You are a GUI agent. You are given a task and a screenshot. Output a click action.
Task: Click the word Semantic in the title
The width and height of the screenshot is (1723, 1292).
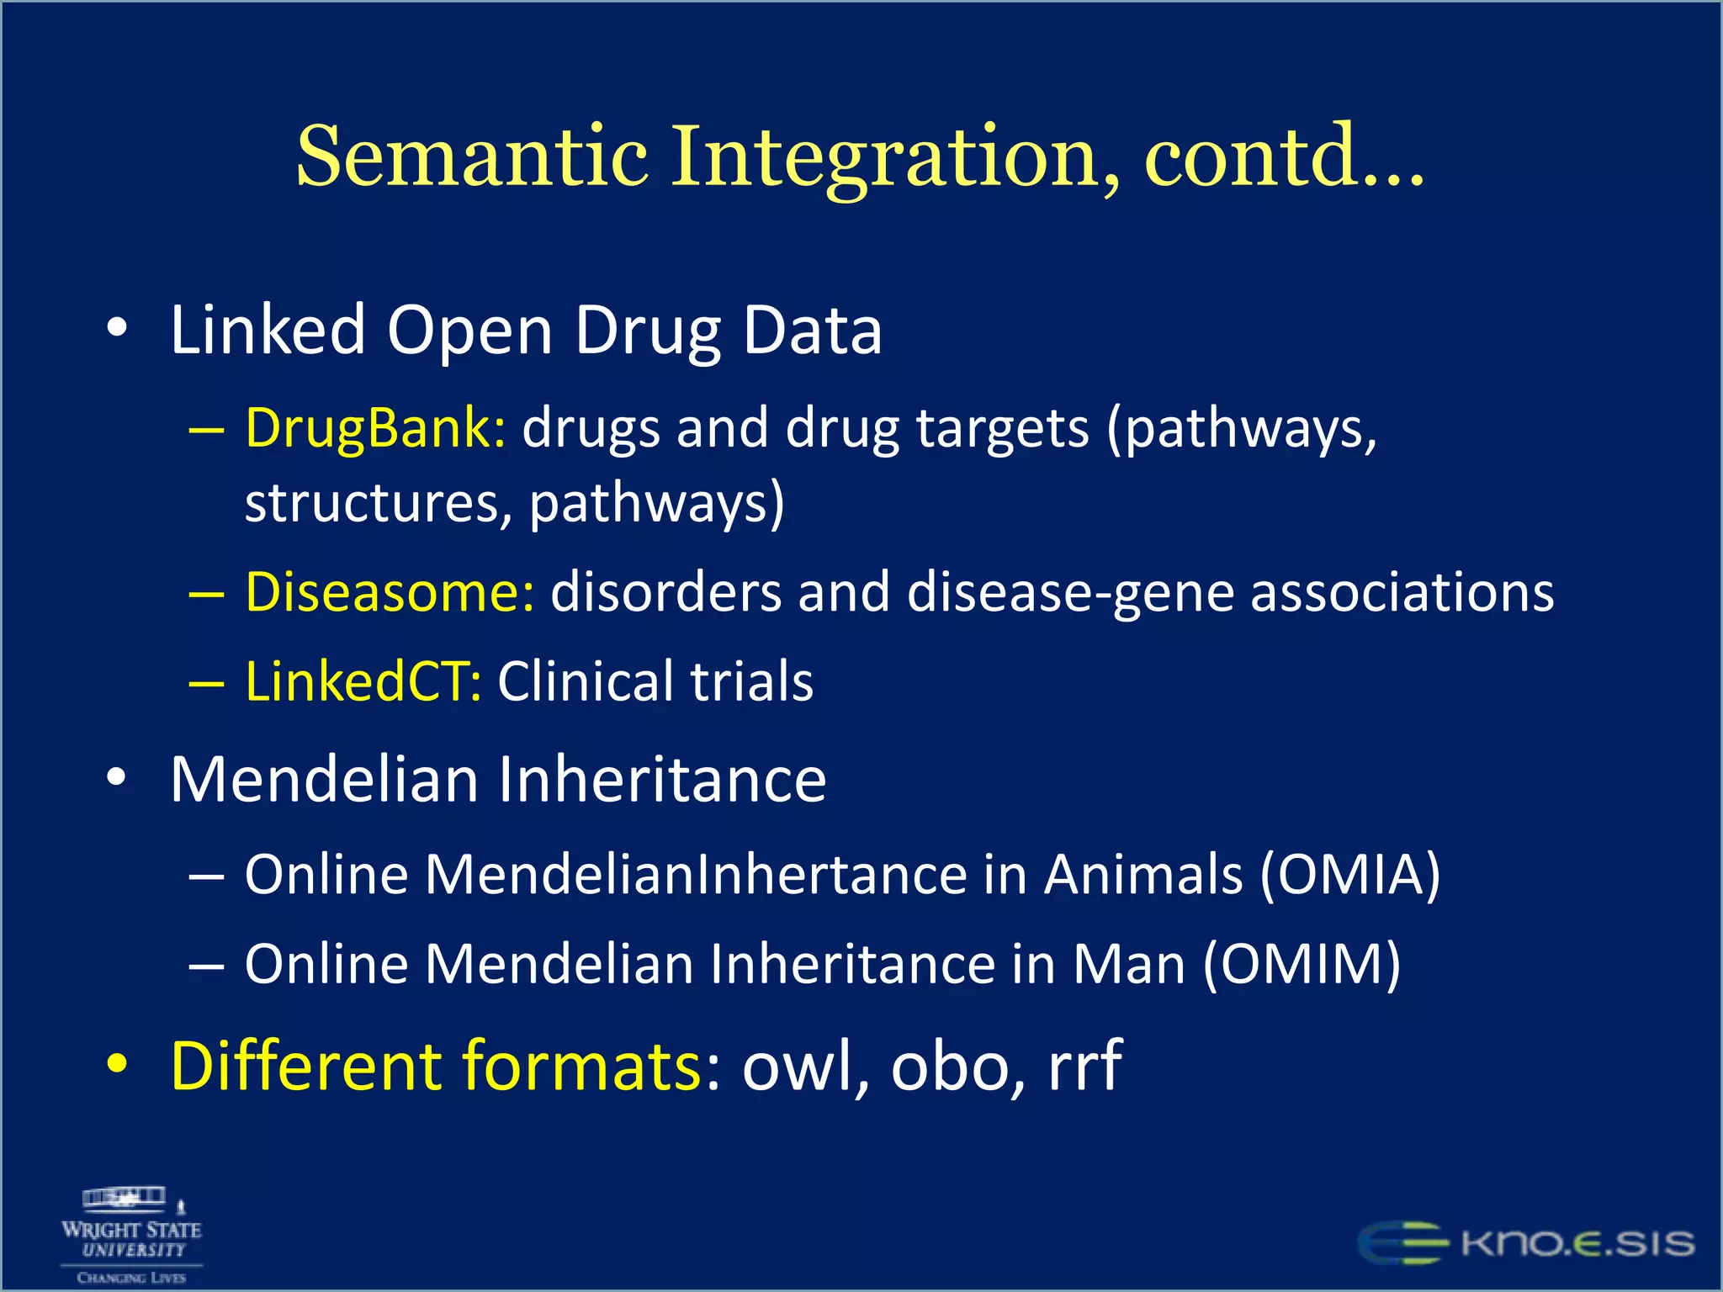pos(472,157)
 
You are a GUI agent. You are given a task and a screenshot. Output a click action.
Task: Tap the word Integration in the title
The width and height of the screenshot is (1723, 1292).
pos(896,157)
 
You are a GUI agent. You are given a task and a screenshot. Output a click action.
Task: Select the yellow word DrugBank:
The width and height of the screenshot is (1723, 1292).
pos(375,428)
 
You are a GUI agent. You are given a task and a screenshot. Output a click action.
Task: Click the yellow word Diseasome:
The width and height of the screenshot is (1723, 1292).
pos(390,592)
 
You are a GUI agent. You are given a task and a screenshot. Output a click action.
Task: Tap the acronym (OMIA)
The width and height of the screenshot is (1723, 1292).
pos(1350,874)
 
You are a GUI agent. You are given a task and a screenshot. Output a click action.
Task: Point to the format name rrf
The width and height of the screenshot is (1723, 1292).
pos(1085,1066)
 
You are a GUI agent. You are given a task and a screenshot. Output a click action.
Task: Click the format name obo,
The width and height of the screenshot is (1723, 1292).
pos(959,1066)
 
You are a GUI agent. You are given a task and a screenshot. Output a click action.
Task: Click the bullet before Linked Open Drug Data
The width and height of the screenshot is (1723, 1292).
pos(117,329)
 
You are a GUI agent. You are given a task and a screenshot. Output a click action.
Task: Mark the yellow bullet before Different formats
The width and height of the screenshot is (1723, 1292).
pos(117,1064)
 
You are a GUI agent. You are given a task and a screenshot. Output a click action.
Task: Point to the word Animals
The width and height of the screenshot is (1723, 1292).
pos(1142,874)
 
